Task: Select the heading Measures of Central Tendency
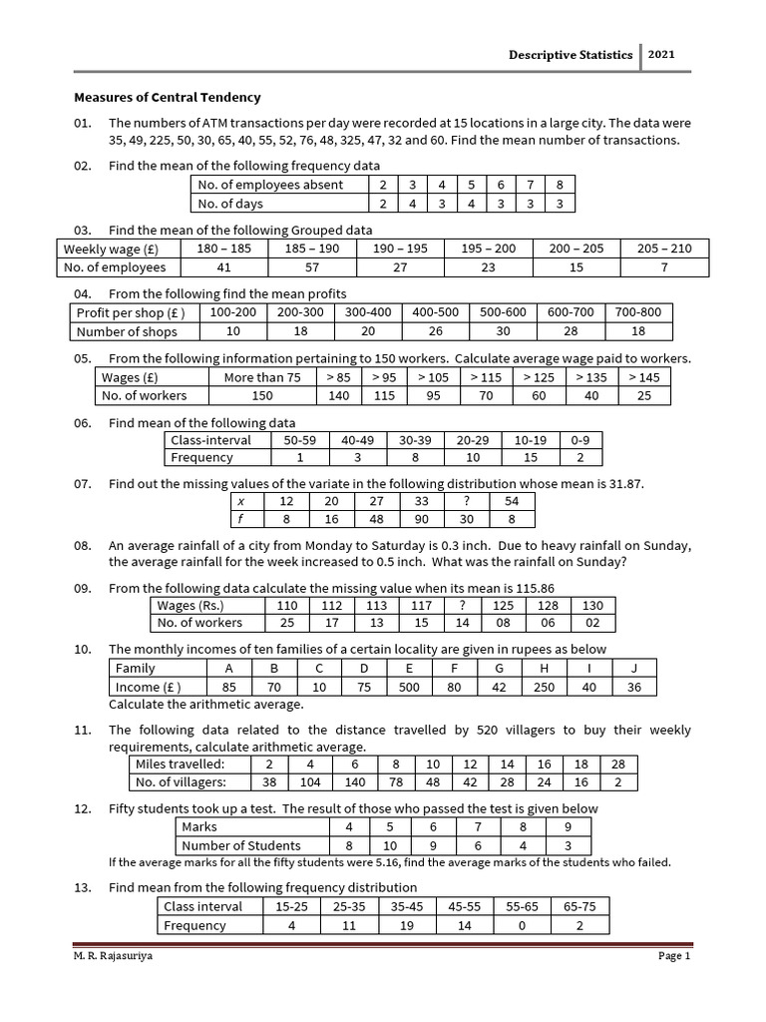(168, 98)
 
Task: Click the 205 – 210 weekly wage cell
(664, 249)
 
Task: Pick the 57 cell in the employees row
(311, 267)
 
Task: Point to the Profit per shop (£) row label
(131, 312)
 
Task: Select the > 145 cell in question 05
(644, 377)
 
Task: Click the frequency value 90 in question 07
(421, 519)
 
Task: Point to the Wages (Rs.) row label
(191, 605)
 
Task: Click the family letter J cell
(633, 668)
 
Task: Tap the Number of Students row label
(226, 846)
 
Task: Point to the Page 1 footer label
(673, 956)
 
